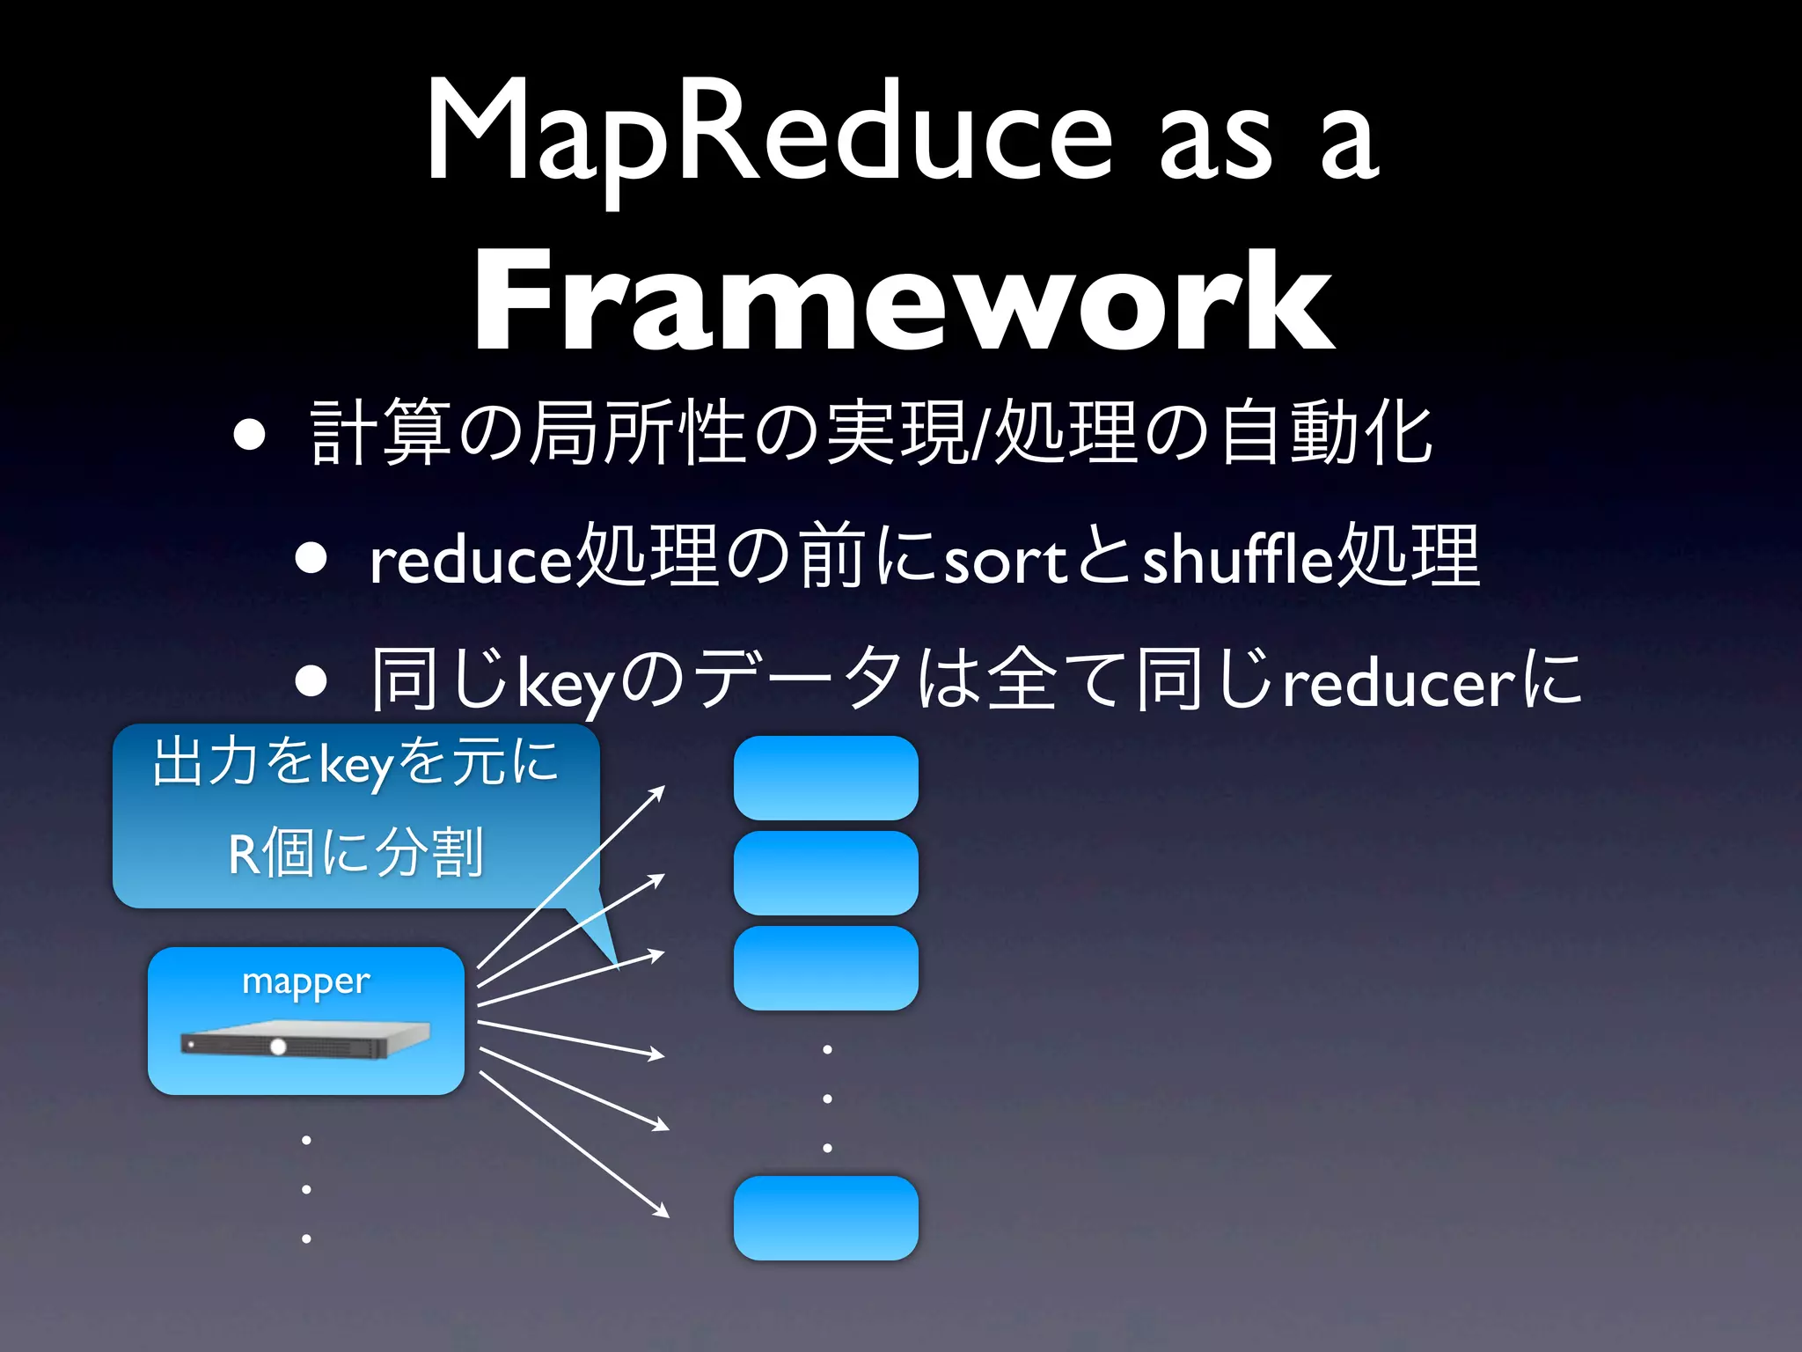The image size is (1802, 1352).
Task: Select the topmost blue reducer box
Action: tap(825, 778)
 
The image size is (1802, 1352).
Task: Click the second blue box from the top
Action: tap(825, 873)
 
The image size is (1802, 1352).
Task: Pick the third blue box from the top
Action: tap(825, 968)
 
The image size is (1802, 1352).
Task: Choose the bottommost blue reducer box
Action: tap(825, 1218)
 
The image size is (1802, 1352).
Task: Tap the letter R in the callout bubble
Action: tap(243, 855)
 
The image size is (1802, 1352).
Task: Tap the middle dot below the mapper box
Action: tap(306, 1189)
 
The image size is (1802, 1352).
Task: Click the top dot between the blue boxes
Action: tap(827, 1049)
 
